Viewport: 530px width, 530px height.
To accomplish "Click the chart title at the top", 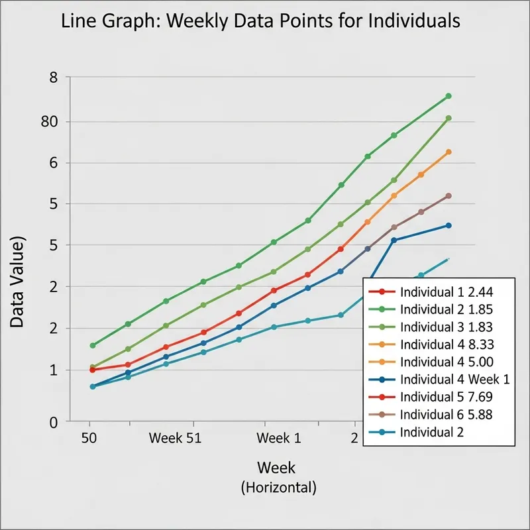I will (260, 21).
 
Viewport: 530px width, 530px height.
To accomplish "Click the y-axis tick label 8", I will (54, 78).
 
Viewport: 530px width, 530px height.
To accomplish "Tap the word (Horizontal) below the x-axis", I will (278, 488).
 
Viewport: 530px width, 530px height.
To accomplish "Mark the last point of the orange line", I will (449, 152).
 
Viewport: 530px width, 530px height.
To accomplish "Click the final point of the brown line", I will (449, 196).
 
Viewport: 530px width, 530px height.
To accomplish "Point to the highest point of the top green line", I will (449, 96).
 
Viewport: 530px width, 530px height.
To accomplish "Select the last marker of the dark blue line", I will (449, 225).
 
